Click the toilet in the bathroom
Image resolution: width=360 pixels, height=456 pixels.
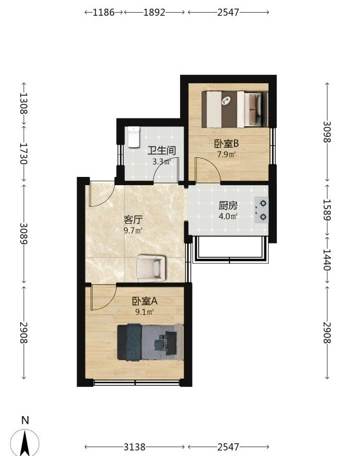coord(133,137)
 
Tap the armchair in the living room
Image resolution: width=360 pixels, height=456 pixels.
coord(151,268)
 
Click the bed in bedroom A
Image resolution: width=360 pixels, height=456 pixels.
coord(150,342)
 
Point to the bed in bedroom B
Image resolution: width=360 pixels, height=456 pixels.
coord(235,109)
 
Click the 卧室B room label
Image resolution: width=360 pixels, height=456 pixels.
coord(226,143)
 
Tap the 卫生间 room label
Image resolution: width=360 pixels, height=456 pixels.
coord(162,151)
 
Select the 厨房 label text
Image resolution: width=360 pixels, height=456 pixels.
coord(228,205)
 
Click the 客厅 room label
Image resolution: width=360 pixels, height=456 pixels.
coord(133,219)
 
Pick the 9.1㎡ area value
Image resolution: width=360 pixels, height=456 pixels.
coord(145,312)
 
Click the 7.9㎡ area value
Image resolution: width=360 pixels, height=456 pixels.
coord(226,154)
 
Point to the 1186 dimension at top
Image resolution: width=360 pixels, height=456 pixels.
coord(103,12)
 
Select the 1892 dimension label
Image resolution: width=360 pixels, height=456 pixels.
coord(154,12)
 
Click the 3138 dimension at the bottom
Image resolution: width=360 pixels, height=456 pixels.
coord(134,446)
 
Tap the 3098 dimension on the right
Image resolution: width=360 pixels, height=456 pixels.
coord(327,132)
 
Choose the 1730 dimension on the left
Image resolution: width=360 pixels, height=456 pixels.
coord(24,153)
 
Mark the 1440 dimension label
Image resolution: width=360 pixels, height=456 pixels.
coord(327,259)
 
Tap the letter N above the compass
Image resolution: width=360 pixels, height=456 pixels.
coord(25,420)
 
